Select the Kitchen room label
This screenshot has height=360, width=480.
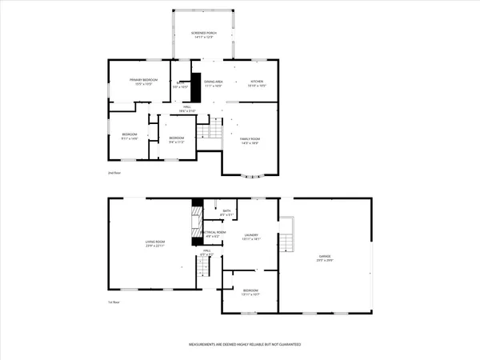click(257, 83)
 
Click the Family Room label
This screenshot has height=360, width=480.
click(251, 141)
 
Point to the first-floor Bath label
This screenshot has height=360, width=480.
click(226, 214)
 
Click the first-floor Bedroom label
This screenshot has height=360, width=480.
click(250, 292)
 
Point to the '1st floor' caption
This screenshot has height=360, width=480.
click(115, 302)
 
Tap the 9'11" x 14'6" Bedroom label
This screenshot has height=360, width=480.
click(130, 137)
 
